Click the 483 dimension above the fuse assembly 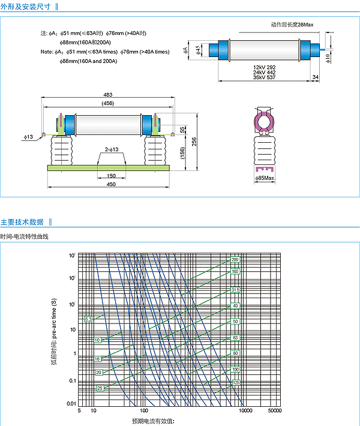[108, 95]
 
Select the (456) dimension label [108, 103]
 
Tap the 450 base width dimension [111, 184]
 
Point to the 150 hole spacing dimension [111, 176]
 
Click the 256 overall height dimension [194, 141]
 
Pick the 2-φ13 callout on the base [111, 149]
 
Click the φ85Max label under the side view [265, 178]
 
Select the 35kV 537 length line [264, 77]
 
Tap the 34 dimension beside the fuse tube [316, 77]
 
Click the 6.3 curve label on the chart [88, 319]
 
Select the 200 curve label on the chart [235, 260]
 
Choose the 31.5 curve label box [235, 290]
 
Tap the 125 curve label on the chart [236, 382]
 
